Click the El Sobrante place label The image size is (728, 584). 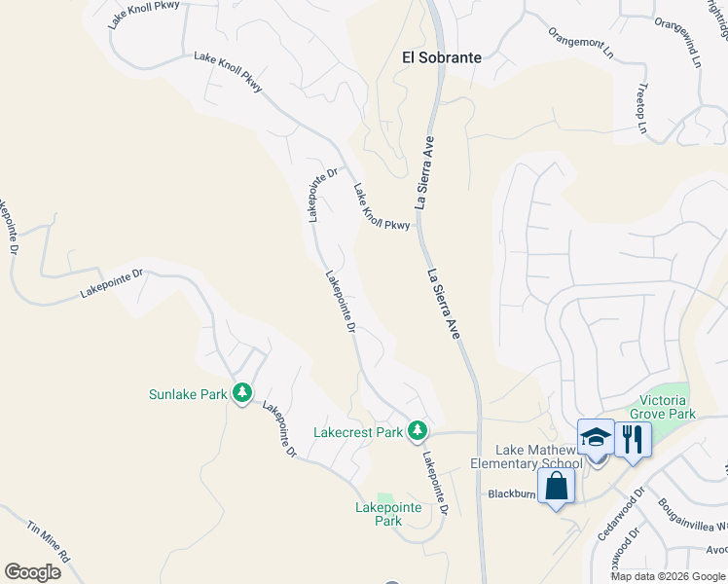coord(442,57)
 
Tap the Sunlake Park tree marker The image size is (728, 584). coord(242,393)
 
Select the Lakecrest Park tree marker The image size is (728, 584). coord(418,429)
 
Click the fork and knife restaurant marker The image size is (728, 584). coord(633,441)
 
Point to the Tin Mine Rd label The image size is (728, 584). coord(49,542)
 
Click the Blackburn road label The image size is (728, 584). coord(512,493)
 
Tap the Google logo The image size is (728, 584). coord(32,571)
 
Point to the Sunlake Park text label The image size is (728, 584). coord(188,394)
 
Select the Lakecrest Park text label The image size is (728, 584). coord(358,432)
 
